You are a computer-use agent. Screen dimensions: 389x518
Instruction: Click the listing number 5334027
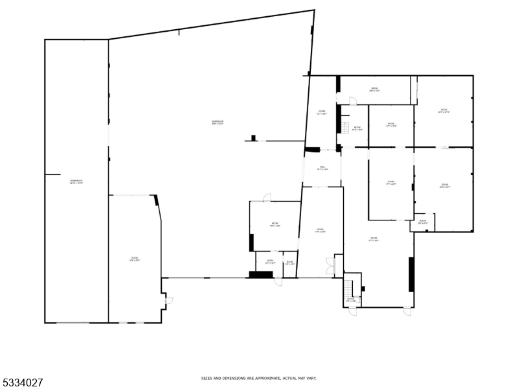tap(22, 383)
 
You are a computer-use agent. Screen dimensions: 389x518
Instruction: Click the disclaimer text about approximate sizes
tap(258, 377)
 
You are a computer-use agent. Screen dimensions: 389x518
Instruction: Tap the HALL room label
tap(322, 168)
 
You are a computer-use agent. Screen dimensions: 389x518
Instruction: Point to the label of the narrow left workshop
tap(76, 182)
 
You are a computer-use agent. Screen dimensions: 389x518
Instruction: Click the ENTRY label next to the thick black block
tap(269, 262)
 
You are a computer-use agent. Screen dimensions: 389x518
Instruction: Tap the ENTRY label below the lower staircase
tap(350, 300)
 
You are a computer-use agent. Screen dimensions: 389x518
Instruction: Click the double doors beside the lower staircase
tap(331, 265)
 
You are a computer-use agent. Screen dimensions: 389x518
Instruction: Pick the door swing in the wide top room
tap(352, 100)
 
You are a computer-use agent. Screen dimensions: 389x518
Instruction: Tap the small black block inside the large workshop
tap(254, 137)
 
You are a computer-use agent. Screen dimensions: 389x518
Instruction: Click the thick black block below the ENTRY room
tap(260, 275)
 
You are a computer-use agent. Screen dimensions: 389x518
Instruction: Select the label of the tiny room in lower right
tap(422, 222)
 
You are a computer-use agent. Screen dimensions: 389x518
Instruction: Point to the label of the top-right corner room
tap(444, 111)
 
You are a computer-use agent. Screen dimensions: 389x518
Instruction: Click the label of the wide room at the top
tap(374, 89)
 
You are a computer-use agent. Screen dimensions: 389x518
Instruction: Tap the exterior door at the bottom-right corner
tap(407, 311)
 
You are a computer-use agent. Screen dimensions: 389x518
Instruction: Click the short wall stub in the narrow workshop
tap(52, 174)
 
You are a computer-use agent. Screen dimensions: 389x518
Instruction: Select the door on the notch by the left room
tap(168, 300)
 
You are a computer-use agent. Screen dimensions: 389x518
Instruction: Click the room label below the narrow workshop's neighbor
tap(135, 259)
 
